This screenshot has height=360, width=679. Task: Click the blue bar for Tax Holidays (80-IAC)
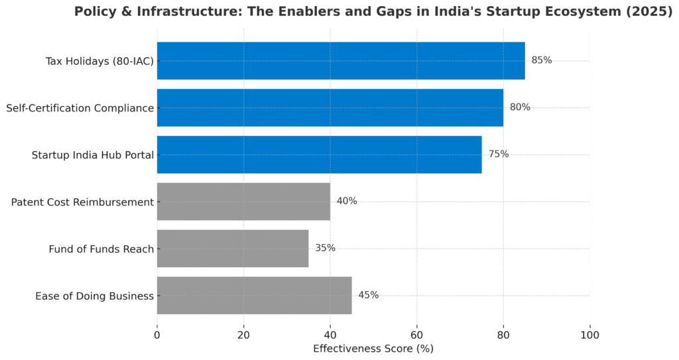click(341, 60)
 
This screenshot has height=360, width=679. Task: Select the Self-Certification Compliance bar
click(330, 107)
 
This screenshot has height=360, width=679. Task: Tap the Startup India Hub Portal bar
click(319, 154)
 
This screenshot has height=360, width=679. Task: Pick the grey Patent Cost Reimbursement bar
click(243, 202)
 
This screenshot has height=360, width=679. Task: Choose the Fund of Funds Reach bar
click(233, 249)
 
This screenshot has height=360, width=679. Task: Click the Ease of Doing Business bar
click(254, 296)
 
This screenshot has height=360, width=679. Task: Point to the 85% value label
click(542, 60)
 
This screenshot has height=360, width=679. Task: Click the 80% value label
click(520, 107)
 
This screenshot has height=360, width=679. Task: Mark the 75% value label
click(499, 154)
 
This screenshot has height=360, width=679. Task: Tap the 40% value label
click(347, 202)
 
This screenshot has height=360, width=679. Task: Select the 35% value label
click(326, 249)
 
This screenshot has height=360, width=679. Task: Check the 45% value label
click(369, 296)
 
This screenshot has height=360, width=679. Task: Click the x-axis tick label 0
click(157, 335)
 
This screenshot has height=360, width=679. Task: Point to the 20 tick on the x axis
click(243, 335)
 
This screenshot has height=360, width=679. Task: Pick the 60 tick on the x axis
click(416, 335)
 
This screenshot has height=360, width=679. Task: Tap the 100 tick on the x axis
click(589, 335)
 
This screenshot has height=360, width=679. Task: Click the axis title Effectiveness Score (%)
click(373, 348)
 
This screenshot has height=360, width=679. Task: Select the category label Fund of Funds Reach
click(101, 249)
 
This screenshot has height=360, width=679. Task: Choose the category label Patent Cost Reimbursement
click(82, 202)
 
